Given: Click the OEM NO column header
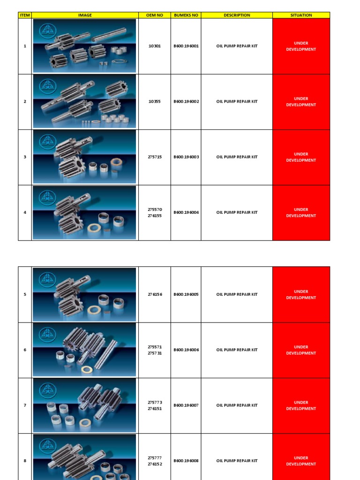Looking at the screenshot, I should point(154,15).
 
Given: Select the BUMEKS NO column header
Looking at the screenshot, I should point(186,15).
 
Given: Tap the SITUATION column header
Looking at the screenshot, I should point(301,15).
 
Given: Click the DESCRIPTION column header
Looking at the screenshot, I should point(237,15).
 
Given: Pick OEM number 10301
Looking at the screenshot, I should point(154,46).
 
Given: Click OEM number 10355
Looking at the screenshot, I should point(154,102).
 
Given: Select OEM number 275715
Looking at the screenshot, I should point(154,157).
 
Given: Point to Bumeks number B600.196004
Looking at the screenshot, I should point(186,212).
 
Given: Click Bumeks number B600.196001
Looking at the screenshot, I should point(186,46).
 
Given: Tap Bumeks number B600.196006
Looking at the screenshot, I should point(186,350).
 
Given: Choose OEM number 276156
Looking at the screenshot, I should point(154,294).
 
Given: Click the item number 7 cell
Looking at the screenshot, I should point(25,405).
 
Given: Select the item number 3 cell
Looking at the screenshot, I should point(25,157).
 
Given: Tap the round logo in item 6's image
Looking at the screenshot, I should point(47,333).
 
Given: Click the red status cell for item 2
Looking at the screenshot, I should point(301,102).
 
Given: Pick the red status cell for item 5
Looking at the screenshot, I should point(301,294).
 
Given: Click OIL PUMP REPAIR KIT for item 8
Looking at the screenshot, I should point(237,461).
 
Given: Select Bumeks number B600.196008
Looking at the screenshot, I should point(186,461).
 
